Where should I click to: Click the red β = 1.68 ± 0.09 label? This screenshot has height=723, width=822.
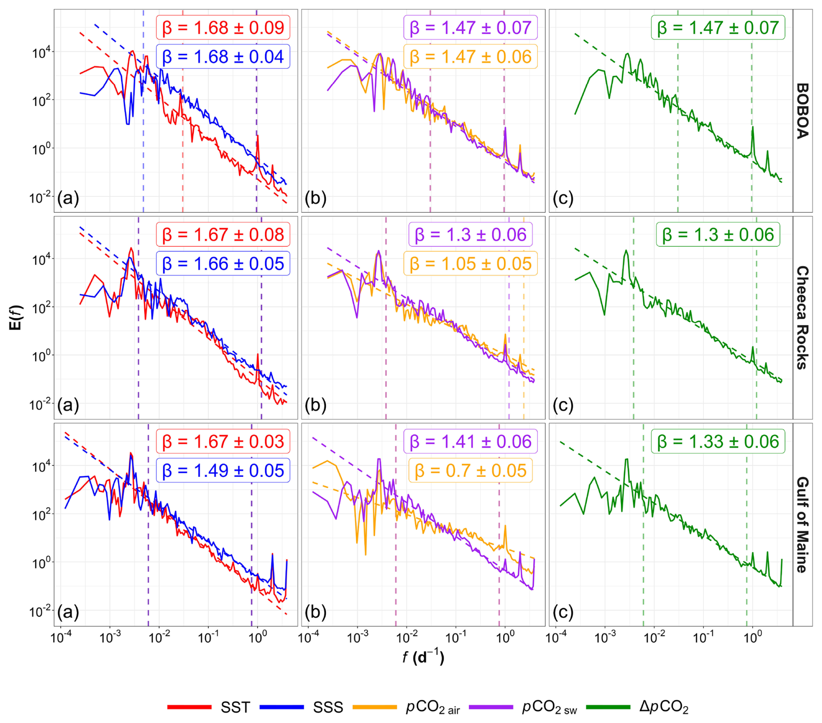pos(223,28)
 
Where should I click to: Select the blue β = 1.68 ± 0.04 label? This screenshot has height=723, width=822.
pos(223,57)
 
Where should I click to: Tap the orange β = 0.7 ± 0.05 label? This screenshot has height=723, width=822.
pos(471,471)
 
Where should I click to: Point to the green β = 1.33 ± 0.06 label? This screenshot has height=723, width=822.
pos(718,442)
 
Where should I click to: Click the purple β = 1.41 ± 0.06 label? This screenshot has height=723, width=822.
pos(471,442)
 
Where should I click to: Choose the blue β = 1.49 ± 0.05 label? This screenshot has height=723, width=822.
pos(223,471)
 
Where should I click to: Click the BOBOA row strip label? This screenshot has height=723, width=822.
pos(802,111)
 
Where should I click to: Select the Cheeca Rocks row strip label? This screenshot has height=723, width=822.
pos(802,317)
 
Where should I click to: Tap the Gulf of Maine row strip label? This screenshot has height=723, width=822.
pos(802,525)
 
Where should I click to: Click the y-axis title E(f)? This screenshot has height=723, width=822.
pos(16,317)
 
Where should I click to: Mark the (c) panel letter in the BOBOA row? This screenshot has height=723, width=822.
pos(563,198)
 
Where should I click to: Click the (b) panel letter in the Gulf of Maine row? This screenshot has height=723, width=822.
pos(315,612)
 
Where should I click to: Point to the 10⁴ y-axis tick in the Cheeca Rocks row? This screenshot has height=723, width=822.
pos(42,260)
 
